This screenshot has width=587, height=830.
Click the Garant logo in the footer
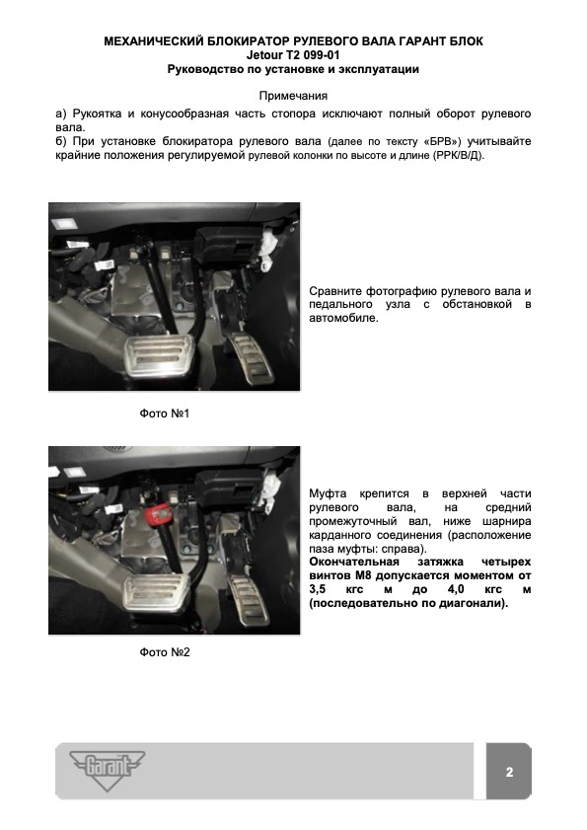click(x=108, y=770)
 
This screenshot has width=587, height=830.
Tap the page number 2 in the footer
click(x=509, y=772)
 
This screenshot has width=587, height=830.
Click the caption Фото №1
click(x=165, y=414)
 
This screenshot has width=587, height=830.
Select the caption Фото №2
click(x=165, y=652)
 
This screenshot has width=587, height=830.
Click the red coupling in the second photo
click(x=159, y=513)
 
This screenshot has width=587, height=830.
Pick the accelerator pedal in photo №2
click(x=249, y=598)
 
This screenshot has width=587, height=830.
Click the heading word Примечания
click(x=293, y=96)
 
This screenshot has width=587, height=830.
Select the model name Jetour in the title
click(x=264, y=55)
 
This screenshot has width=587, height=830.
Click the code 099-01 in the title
click(x=322, y=55)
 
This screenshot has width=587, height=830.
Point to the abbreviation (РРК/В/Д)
click(x=458, y=156)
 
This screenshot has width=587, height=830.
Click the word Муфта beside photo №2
click(x=328, y=493)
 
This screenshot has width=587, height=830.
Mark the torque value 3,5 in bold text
click(x=318, y=589)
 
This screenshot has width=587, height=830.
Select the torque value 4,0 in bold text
click(x=456, y=589)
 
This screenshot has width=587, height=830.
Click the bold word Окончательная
click(x=354, y=562)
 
